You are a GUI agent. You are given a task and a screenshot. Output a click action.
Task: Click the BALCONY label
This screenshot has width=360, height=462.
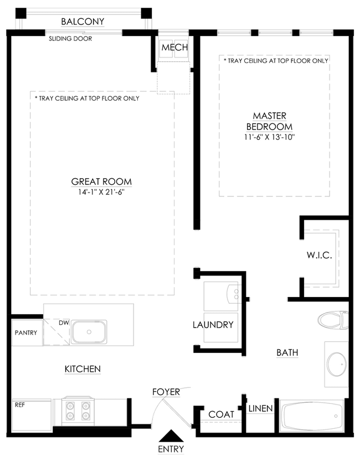pyautogui.click(x=83, y=22)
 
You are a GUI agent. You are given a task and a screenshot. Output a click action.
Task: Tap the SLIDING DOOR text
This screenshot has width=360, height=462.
pyautogui.click(x=70, y=39)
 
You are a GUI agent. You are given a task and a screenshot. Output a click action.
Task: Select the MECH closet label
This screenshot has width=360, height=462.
pyautogui.click(x=174, y=47)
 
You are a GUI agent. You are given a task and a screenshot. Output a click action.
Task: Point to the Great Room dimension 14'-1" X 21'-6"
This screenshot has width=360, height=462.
pyautogui.click(x=101, y=192)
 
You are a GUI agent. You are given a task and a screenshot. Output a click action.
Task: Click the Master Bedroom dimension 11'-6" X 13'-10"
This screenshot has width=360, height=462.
pyautogui.click(x=270, y=137)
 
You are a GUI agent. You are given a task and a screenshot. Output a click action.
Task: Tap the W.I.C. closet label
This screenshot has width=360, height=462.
pyautogui.click(x=320, y=255)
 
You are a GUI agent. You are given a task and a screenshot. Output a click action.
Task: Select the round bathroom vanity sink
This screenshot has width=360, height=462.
pyautogui.click(x=337, y=364)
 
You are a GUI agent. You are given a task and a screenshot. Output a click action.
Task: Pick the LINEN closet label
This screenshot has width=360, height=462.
pyautogui.click(x=261, y=408)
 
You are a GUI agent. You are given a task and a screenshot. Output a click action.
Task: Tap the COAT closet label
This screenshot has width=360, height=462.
pyautogui.click(x=221, y=414)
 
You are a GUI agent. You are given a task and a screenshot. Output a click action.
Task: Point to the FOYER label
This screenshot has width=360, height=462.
pyautogui.click(x=166, y=392)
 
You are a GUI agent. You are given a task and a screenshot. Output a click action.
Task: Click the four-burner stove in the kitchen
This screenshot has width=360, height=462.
pyautogui.click(x=78, y=411)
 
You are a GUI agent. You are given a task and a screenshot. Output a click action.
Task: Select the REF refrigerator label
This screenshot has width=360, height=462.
pyautogui.click(x=20, y=405)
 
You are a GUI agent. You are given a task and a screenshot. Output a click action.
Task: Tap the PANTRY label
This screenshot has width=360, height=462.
pyautogui.click(x=26, y=333)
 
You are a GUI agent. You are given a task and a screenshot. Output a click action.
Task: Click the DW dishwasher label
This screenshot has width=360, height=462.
pyautogui.click(x=64, y=323)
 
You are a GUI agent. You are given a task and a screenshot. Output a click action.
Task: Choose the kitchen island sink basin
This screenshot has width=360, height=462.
pyautogui.click(x=89, y=332)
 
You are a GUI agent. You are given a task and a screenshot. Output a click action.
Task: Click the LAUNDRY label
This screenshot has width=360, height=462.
pyautogui.click(x=213, y=325)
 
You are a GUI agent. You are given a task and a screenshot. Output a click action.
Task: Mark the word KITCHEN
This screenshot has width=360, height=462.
pyautogui.click(x=83, y=369)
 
